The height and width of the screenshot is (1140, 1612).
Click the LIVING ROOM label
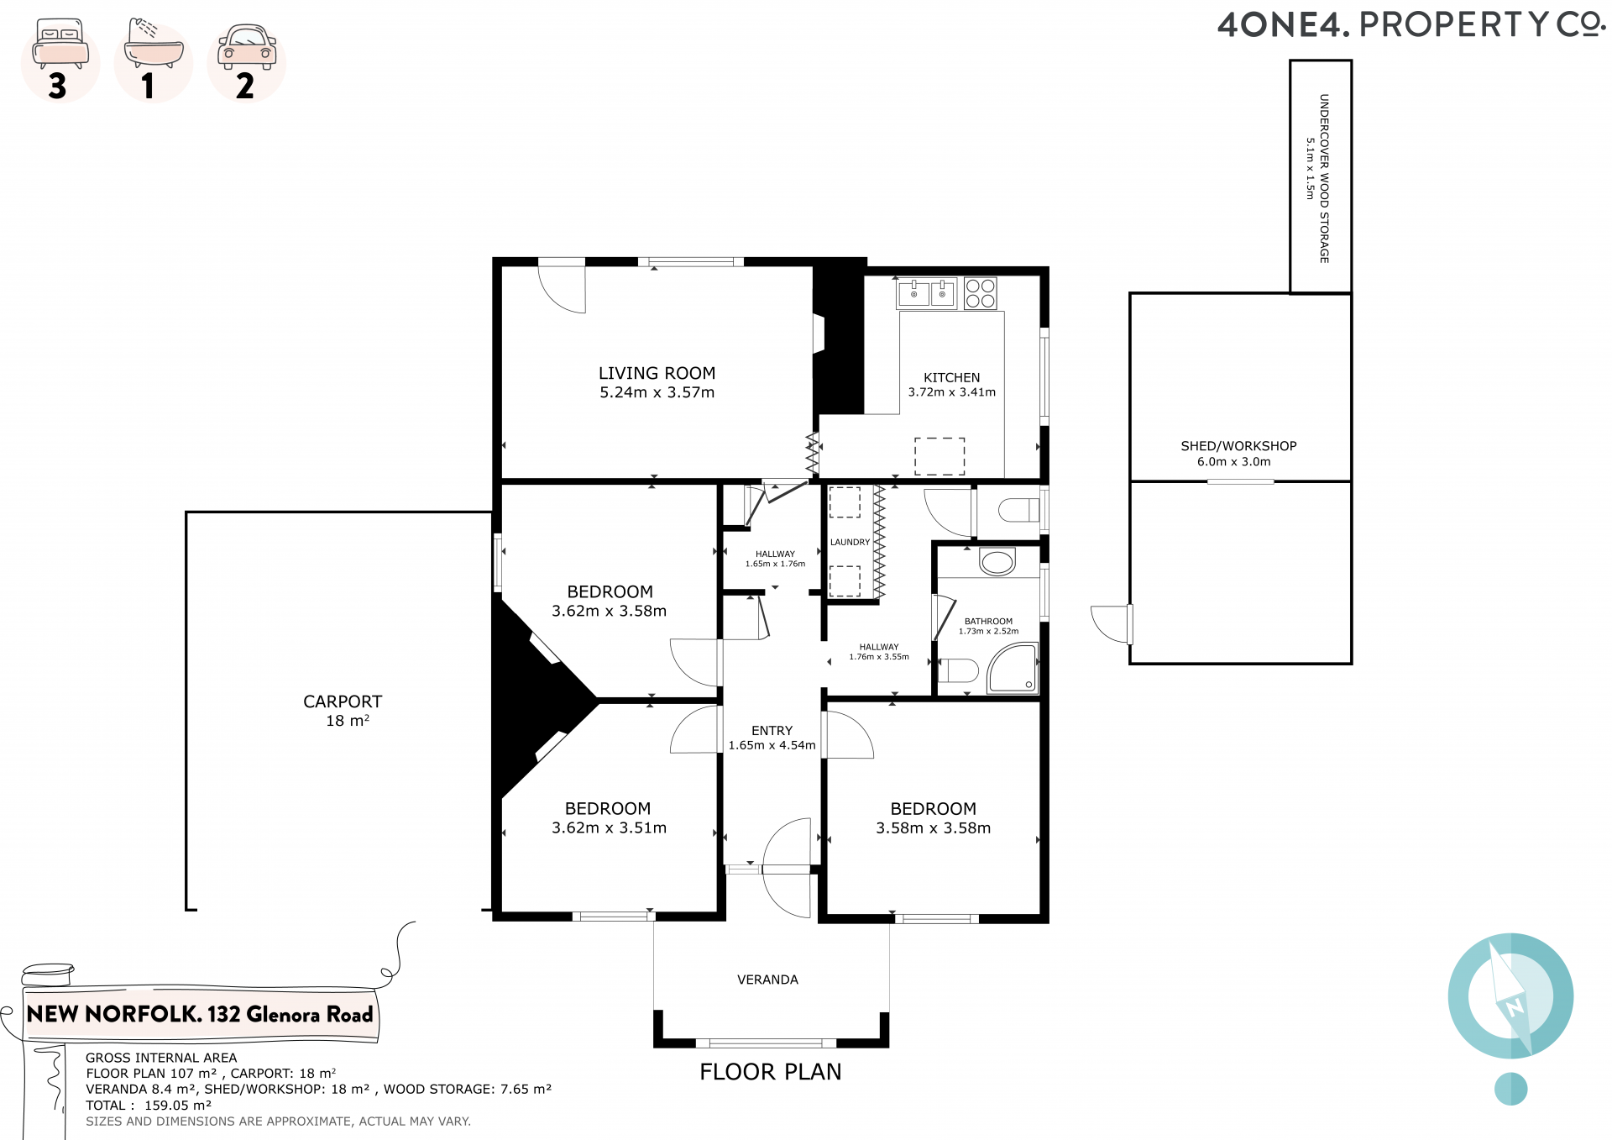(x=657, y=373)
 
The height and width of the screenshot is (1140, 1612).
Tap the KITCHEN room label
(x=952, y=378)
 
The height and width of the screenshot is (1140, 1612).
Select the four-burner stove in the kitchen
(x=980, y=293)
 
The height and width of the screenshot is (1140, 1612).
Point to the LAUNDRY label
(x=850, y=542)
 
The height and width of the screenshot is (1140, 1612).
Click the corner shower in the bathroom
(x=1013, y=668)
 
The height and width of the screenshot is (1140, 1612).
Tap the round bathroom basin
(x=997, y=561)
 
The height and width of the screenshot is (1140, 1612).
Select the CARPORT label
(x=343, y=701)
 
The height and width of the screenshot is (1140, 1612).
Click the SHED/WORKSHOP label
(x=1238, y=446)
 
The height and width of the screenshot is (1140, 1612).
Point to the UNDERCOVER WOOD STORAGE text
(x=1324, y=178)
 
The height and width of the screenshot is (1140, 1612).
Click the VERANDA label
(x=767, y=980)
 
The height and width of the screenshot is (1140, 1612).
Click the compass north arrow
(x=1511, y=996)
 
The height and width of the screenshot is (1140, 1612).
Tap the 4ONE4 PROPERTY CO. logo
(x=1411, y=25)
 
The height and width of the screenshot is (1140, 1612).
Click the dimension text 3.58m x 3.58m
(x=934, y=828)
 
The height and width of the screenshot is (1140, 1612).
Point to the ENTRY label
(x=772, y=731)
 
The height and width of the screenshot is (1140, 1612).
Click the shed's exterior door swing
(x=1111, y=624)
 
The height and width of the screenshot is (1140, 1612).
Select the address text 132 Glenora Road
(x=290, y=1015)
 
